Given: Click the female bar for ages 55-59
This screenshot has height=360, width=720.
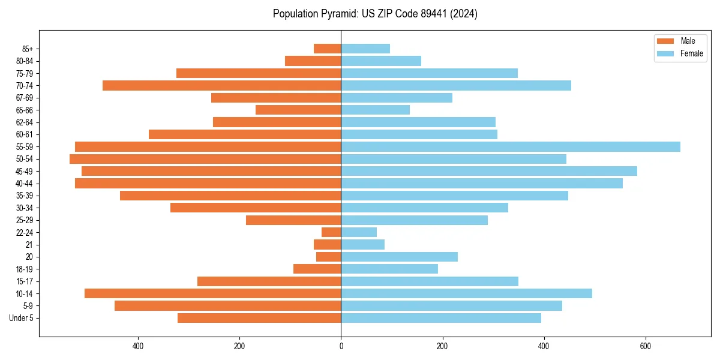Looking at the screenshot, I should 510,146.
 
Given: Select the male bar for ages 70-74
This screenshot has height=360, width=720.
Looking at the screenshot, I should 222,85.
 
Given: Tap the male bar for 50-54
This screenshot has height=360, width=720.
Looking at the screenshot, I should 205,159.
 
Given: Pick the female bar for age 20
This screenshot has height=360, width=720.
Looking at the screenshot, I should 399,257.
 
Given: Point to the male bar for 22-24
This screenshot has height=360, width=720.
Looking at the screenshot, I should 331,232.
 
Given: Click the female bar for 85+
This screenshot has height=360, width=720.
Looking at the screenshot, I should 365,49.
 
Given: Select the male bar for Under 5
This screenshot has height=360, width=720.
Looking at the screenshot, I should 259,318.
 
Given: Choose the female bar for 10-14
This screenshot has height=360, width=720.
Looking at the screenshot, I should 466,293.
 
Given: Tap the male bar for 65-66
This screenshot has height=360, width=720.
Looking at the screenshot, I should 298,110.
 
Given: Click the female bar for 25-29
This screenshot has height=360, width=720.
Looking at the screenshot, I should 414,220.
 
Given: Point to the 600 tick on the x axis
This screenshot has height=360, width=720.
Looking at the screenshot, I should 645,346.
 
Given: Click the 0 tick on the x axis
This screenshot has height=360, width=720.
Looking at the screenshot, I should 341,346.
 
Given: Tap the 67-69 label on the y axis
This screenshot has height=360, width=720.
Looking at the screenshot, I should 25,98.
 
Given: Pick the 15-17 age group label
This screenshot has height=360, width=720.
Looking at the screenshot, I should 25,281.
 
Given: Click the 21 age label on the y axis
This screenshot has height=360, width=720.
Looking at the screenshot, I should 29,245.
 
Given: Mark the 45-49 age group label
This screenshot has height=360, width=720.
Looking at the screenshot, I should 25,171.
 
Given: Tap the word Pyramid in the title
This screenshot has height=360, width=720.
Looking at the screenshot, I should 336,14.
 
